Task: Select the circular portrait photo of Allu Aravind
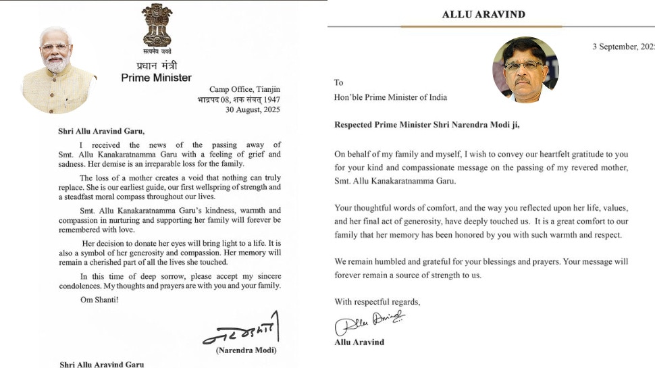pyautogui.click(x=525, y=70)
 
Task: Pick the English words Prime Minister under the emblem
pyautogui.click(x=156, y=78)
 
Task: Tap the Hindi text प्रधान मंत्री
pyautogui.click(x=156, y=65)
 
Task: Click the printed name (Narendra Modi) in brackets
pyautogui.click(x=246, y=350)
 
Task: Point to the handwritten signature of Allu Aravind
pyautogui.click(x=369, y=323)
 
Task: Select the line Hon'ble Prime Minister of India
pyautogui.click(x=390, y=97)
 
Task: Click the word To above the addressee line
pyautogui.click(x=338, y=82)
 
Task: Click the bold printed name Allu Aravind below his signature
pyautogui.click(x=359, y=342)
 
